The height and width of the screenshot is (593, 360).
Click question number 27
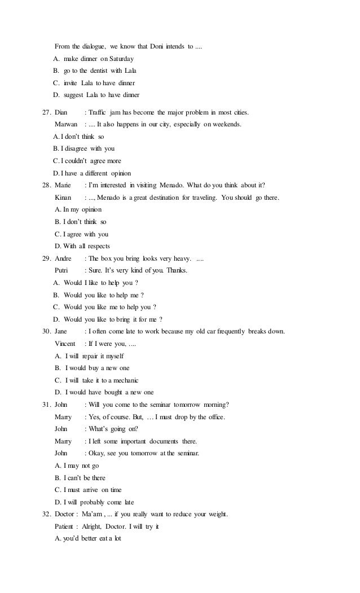point(47,112)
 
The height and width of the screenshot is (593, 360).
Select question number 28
point(47,185)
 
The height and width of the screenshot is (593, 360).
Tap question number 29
point(47,258)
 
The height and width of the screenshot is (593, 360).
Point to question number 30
point(47,331)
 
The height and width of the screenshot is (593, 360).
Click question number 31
point(47,405)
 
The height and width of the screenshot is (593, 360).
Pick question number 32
point(47,514)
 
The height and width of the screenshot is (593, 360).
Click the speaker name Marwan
point(67,124)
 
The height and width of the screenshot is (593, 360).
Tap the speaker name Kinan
point(64,197)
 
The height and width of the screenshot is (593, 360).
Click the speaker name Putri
point(63,270)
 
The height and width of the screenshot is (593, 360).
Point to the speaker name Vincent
point(67,344)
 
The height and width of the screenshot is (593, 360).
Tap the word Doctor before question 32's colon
point(65,514)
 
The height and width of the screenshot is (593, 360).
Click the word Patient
point(65,526)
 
